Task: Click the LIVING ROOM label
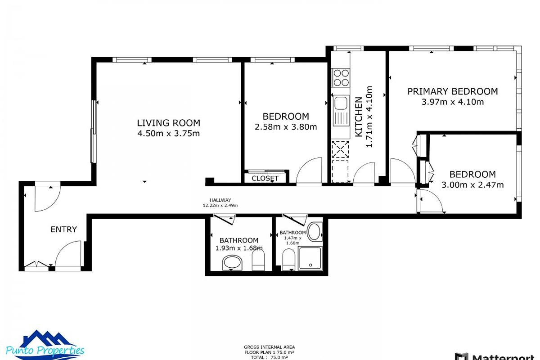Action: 168,123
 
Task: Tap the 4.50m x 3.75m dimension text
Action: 168,133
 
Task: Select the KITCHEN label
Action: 359,117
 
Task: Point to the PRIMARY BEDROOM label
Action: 452,91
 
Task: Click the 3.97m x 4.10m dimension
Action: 452,102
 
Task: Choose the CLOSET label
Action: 265,178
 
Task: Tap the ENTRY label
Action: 63,229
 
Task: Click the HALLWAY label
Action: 220,200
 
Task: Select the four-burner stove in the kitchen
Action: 341,77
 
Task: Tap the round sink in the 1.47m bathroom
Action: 315,232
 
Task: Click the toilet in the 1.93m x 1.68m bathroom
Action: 258,261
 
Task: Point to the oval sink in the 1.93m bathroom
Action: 233,263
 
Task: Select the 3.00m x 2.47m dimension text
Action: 472,184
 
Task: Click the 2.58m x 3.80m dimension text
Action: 286,127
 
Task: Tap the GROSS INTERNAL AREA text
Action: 270,347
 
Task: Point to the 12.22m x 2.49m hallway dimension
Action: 220,206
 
